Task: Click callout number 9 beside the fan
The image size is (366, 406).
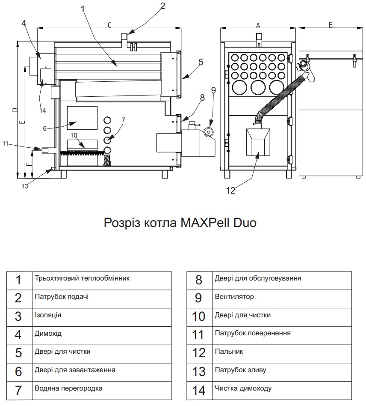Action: pos(213,90)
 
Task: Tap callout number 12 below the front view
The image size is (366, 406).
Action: pos(230,191)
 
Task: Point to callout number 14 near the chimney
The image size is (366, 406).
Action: pos(42,110)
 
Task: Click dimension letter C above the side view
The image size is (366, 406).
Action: pos(109,25)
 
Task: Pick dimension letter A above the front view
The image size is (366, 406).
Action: pos(258,25)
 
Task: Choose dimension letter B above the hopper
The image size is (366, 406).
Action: pos(331,25)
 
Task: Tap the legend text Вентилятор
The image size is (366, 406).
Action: pos(234,297)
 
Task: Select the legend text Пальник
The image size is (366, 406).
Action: pos(229,352)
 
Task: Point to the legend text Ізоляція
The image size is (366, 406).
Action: pos(48,315)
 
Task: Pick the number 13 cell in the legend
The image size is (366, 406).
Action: pos(199,370)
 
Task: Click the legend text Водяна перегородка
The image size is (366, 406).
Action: pos(68,388)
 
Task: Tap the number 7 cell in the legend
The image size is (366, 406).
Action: pos(18,389)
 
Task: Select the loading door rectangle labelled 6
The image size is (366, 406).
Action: pos(82,118)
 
